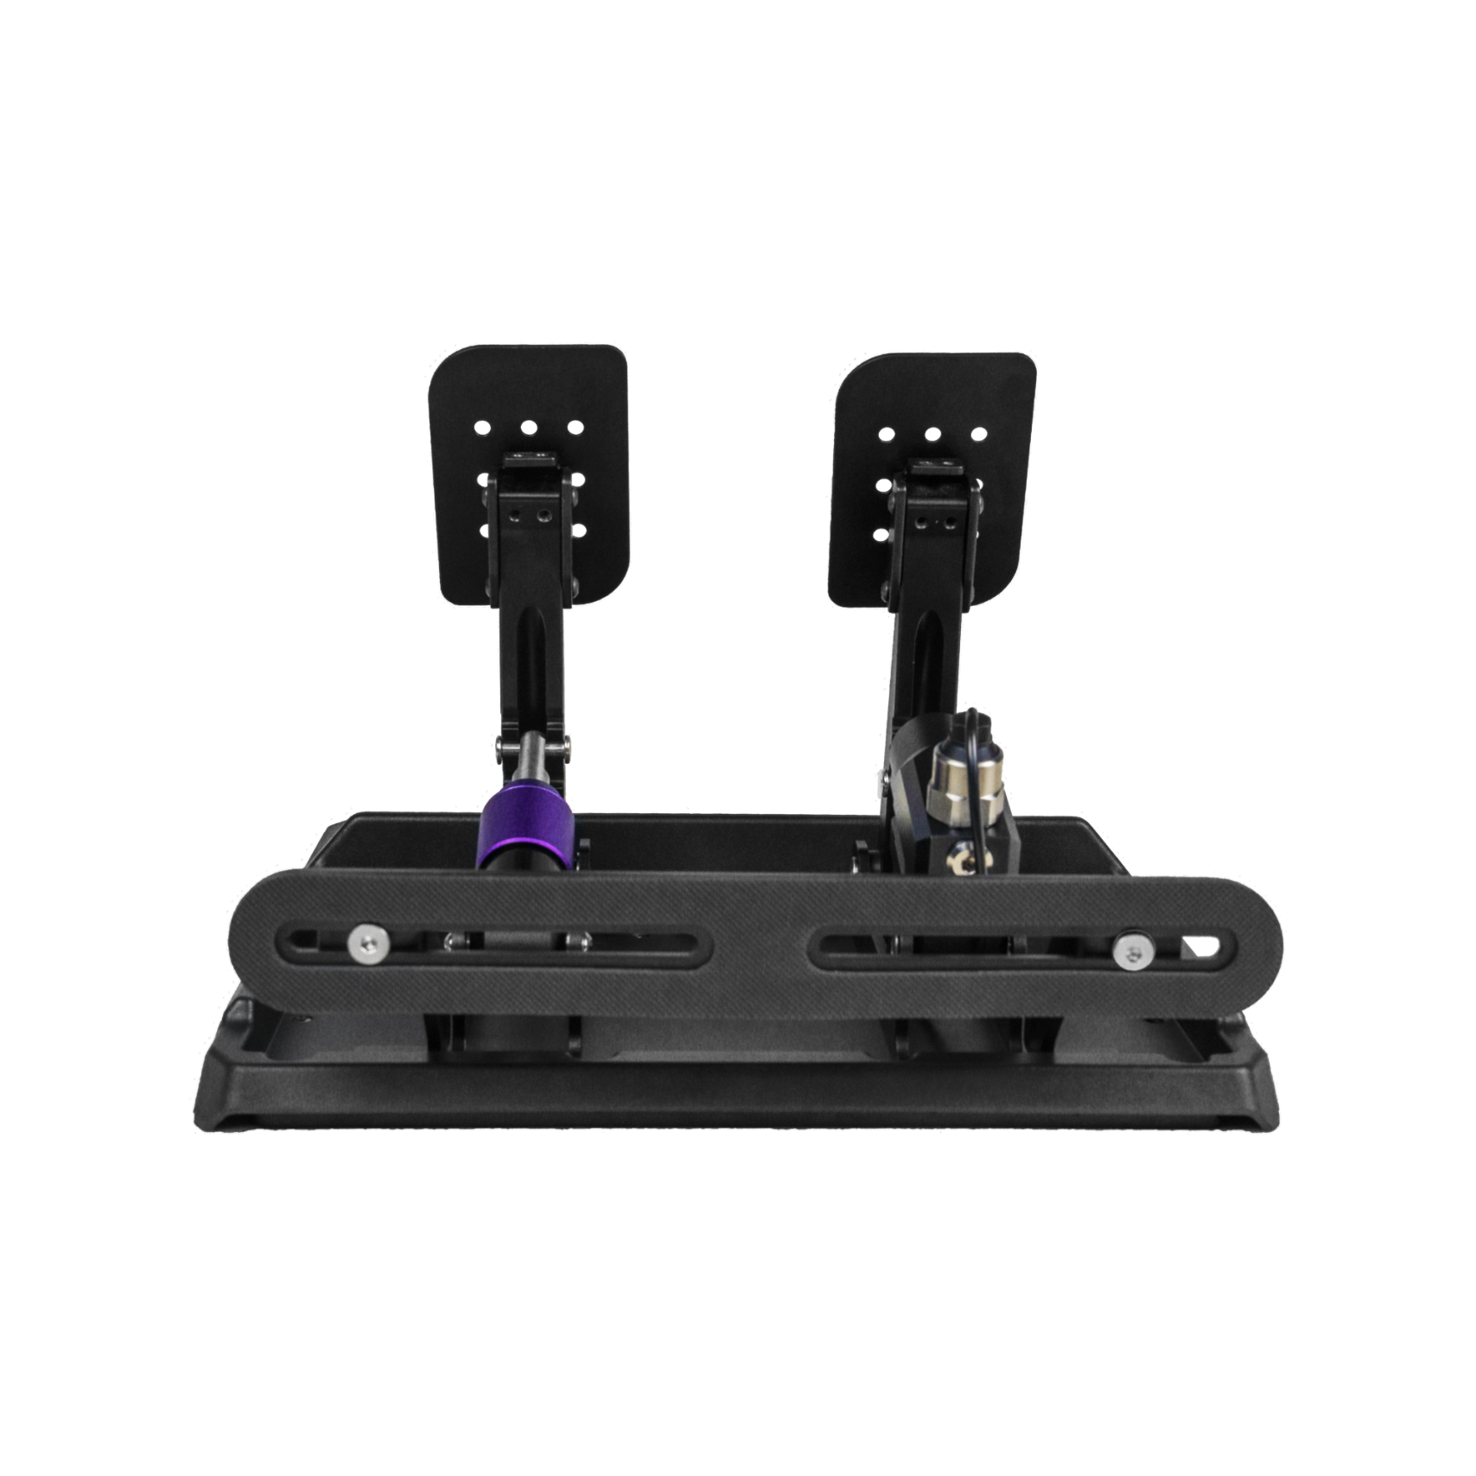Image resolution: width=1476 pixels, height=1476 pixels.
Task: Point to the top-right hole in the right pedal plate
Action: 977,435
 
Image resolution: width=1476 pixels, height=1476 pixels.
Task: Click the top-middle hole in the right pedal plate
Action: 931,435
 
